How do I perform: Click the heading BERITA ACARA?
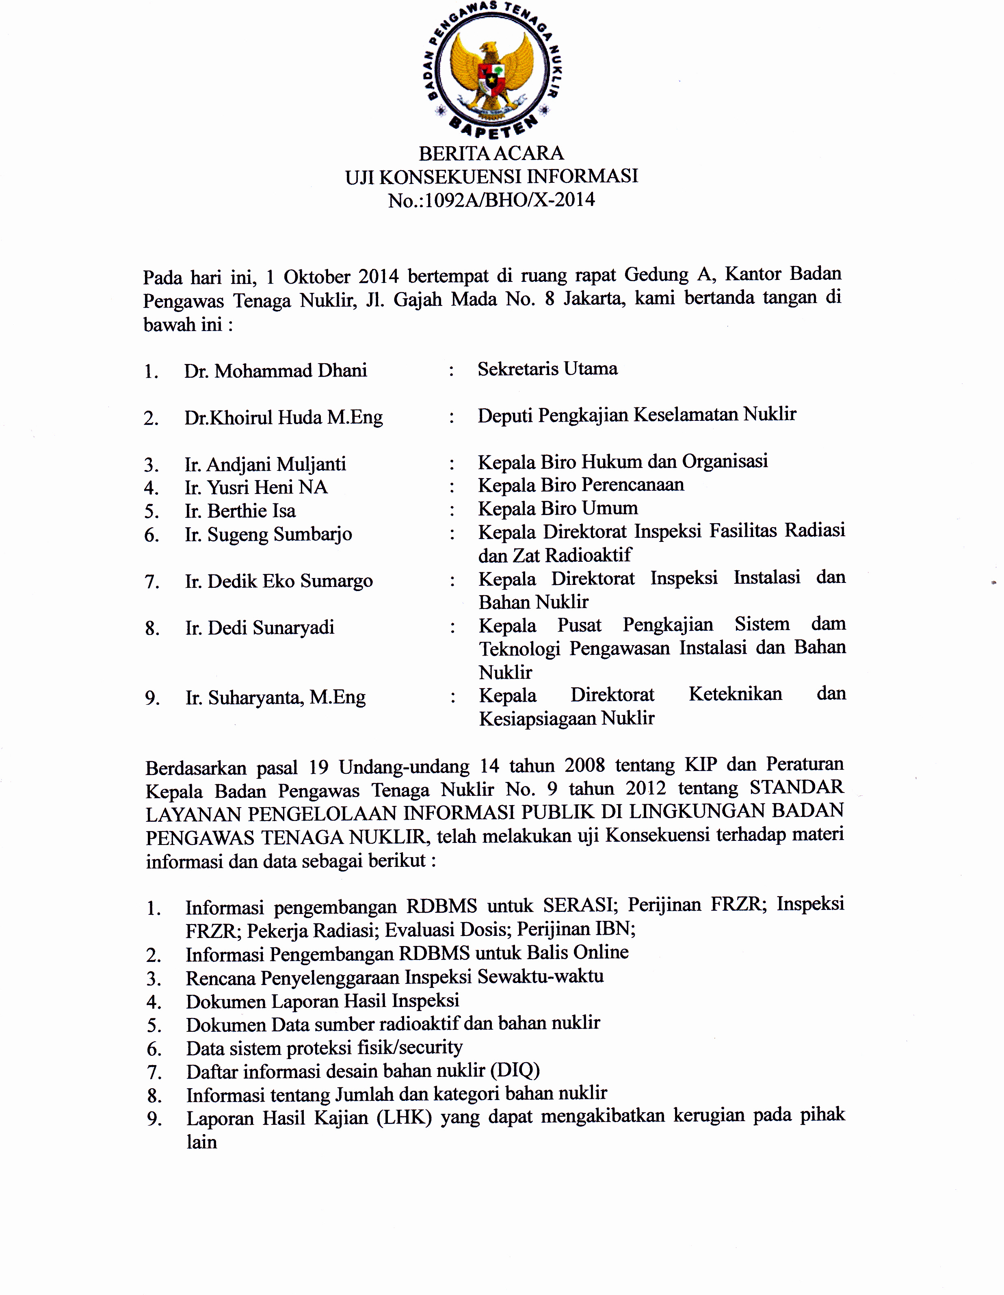click(491, 154)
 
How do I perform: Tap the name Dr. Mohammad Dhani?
click(275, 371)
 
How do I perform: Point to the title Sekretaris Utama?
click(547, 369)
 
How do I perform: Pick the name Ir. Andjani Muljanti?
click(265, 464)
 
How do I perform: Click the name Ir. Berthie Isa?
click(240, 511)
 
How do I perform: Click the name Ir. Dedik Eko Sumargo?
click(279, 581)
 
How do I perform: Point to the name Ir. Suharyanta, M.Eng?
click(275, 698)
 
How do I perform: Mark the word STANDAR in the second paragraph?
click(796, 787)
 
